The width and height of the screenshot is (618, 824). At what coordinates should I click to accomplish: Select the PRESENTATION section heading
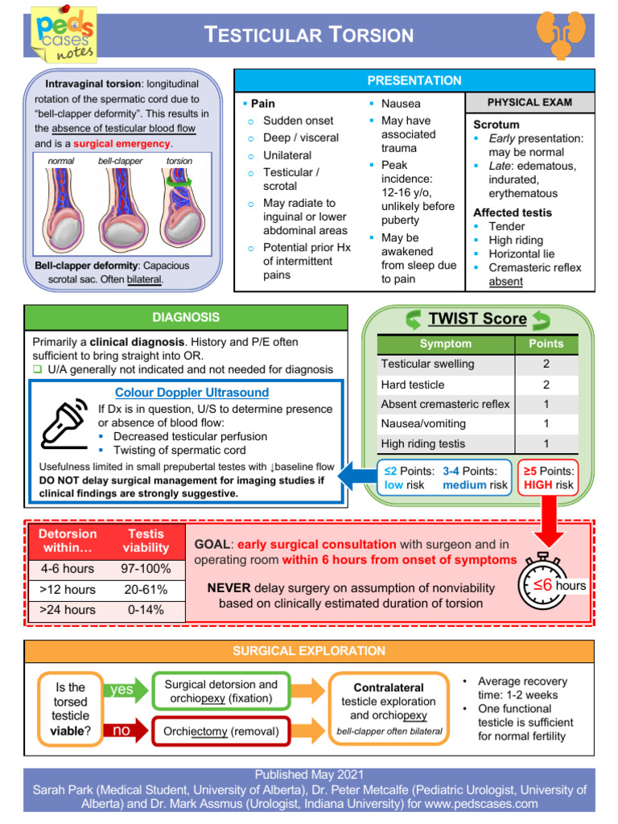414,80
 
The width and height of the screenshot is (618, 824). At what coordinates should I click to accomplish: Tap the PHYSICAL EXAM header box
529,102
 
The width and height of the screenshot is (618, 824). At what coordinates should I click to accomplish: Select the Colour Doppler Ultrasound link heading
192,393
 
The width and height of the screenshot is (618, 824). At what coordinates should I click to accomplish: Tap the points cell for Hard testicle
546,384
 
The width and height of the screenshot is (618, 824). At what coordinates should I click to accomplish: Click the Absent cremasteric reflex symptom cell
446,404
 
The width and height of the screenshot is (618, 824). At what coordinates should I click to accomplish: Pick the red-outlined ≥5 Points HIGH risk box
548,478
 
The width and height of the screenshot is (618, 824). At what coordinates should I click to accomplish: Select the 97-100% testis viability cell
146,569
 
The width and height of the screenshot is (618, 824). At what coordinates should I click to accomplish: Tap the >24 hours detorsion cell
68,609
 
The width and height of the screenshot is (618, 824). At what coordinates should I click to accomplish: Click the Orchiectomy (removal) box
221,731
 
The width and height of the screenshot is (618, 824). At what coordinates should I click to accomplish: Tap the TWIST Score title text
477,319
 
